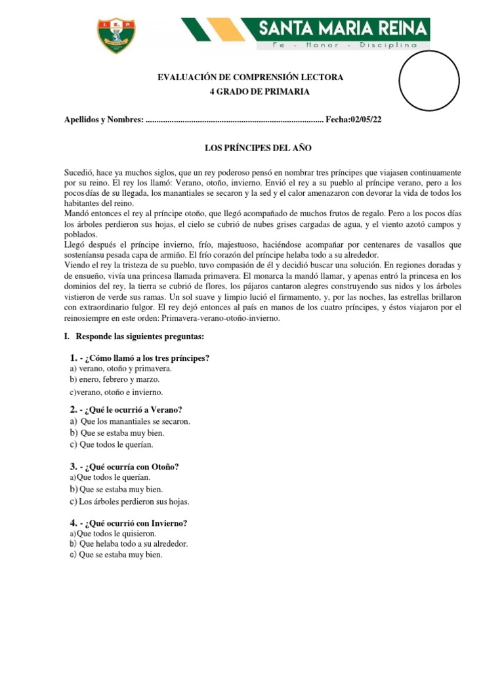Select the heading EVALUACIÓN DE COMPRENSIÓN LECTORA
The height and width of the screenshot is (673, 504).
250,78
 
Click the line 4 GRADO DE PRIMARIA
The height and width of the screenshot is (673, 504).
250,91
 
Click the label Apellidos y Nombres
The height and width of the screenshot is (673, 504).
102,120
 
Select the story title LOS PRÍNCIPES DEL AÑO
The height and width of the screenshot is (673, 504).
251,149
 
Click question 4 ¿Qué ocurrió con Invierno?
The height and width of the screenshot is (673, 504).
128,523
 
